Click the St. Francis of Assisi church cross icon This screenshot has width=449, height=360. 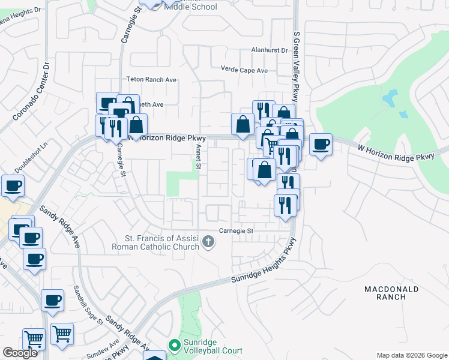208,242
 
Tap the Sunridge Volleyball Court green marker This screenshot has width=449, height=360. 175,345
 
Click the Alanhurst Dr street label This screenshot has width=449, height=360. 270,51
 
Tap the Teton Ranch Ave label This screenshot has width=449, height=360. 151,79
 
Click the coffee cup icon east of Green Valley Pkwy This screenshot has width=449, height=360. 321,144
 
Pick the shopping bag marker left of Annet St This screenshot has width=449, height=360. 136,125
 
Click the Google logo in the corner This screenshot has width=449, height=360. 20,353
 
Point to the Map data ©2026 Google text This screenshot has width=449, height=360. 411,355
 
